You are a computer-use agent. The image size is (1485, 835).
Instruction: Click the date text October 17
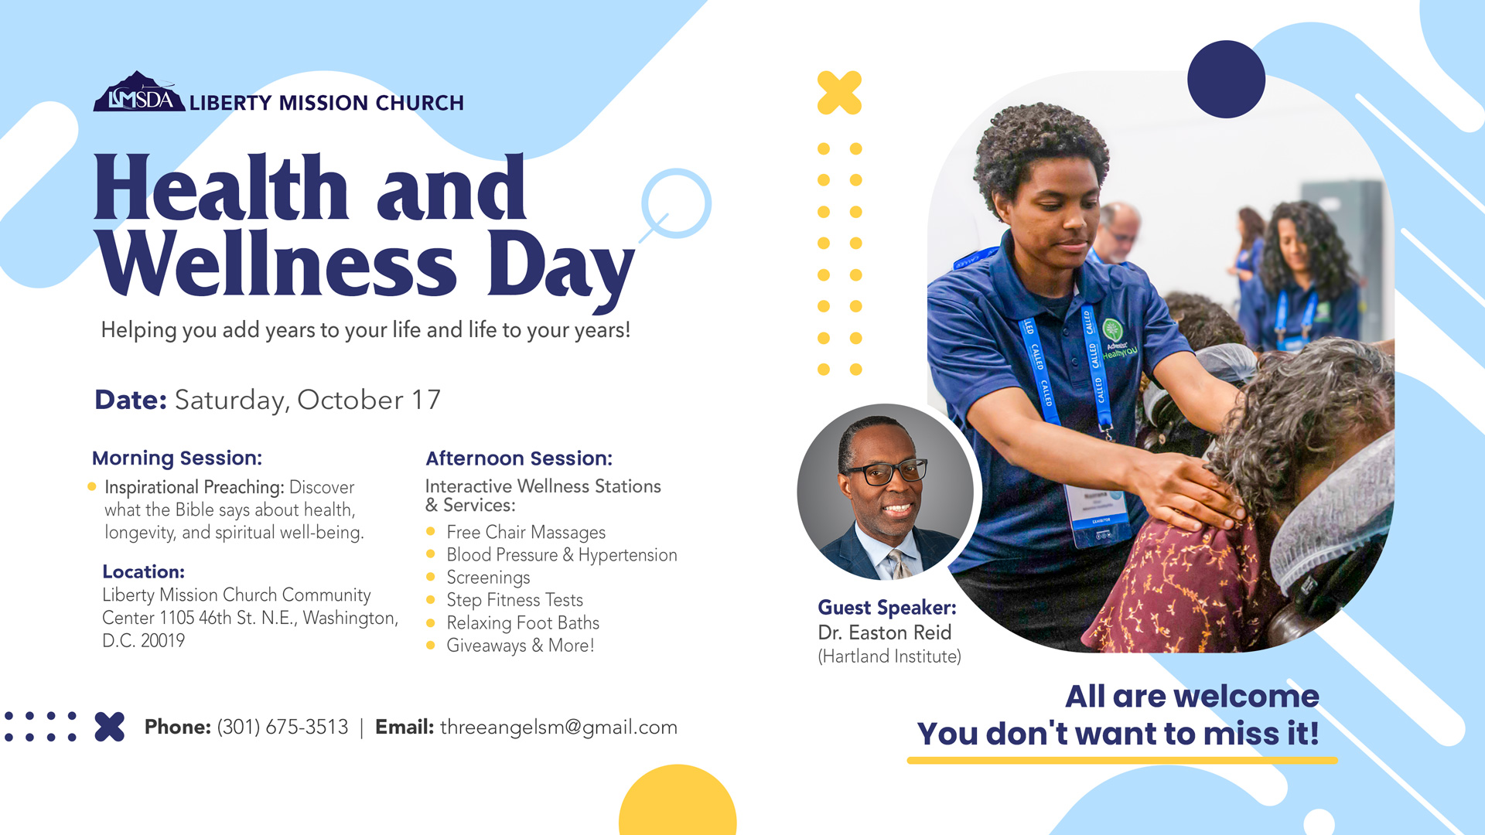(369, 400)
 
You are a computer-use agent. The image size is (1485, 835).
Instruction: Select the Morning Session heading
(177, 458)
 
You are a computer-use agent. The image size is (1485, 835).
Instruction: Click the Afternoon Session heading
(519, 458)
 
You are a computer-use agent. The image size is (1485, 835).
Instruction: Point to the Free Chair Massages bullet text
(526, 532)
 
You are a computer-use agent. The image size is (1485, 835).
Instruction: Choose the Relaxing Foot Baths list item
(523, 622)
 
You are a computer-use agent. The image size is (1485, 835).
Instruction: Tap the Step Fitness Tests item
(514, 600)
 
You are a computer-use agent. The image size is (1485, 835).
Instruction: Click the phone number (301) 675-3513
(282, 727)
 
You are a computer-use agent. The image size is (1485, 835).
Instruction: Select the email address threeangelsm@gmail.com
(558, 728)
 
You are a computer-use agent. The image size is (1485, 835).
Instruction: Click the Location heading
(143, 572)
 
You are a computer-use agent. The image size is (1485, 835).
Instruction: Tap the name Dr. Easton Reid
(884, 632)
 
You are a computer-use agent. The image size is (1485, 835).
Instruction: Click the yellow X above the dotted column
(839, 93)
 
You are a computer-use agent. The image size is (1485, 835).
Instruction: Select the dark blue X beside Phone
(110, 727)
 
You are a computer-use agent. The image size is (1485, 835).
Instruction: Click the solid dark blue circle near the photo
(1226, 79)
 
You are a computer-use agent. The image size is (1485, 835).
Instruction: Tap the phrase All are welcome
(1192, 697)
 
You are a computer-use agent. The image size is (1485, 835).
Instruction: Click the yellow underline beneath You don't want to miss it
(1122, 761)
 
